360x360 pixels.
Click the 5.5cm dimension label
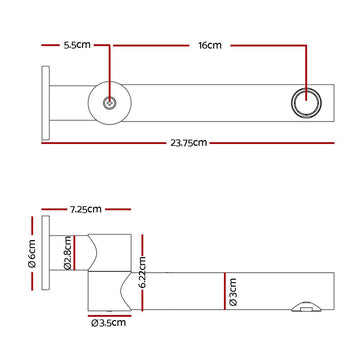tap(77, 45)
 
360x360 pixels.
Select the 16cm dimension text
tap(210, 45)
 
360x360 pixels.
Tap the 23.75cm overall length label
tap(189, 143)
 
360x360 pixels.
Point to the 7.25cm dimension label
tap(85, 209)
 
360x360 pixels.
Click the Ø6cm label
tap(32, 254)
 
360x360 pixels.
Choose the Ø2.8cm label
tap(67, 253)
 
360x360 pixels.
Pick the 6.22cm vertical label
tap(142, 272)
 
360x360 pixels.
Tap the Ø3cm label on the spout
tap(233, 292)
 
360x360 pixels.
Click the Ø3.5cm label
tap(109, 323)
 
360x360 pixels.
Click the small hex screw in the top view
tap(109, 103)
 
